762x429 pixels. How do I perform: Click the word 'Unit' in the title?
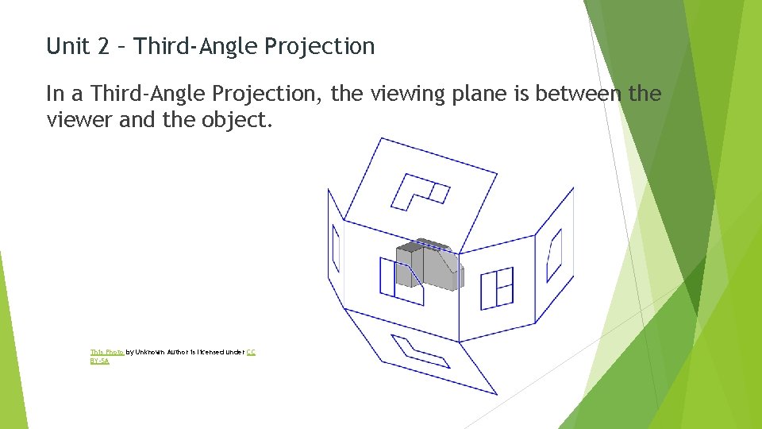pyautogui.click(x=67, y=46)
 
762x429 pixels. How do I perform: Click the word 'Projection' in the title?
pyautogui.click(x=320, y=46)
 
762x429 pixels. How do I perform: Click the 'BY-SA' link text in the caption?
pyautogui.click(x=99, y=361)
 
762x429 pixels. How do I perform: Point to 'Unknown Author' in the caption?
pyautogui.click(x=164, y=351)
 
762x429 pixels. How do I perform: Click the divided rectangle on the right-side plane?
pyautogui.click(x=498, y=287)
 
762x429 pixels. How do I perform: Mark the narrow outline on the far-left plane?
pyautogui.click(x=335, y=249)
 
